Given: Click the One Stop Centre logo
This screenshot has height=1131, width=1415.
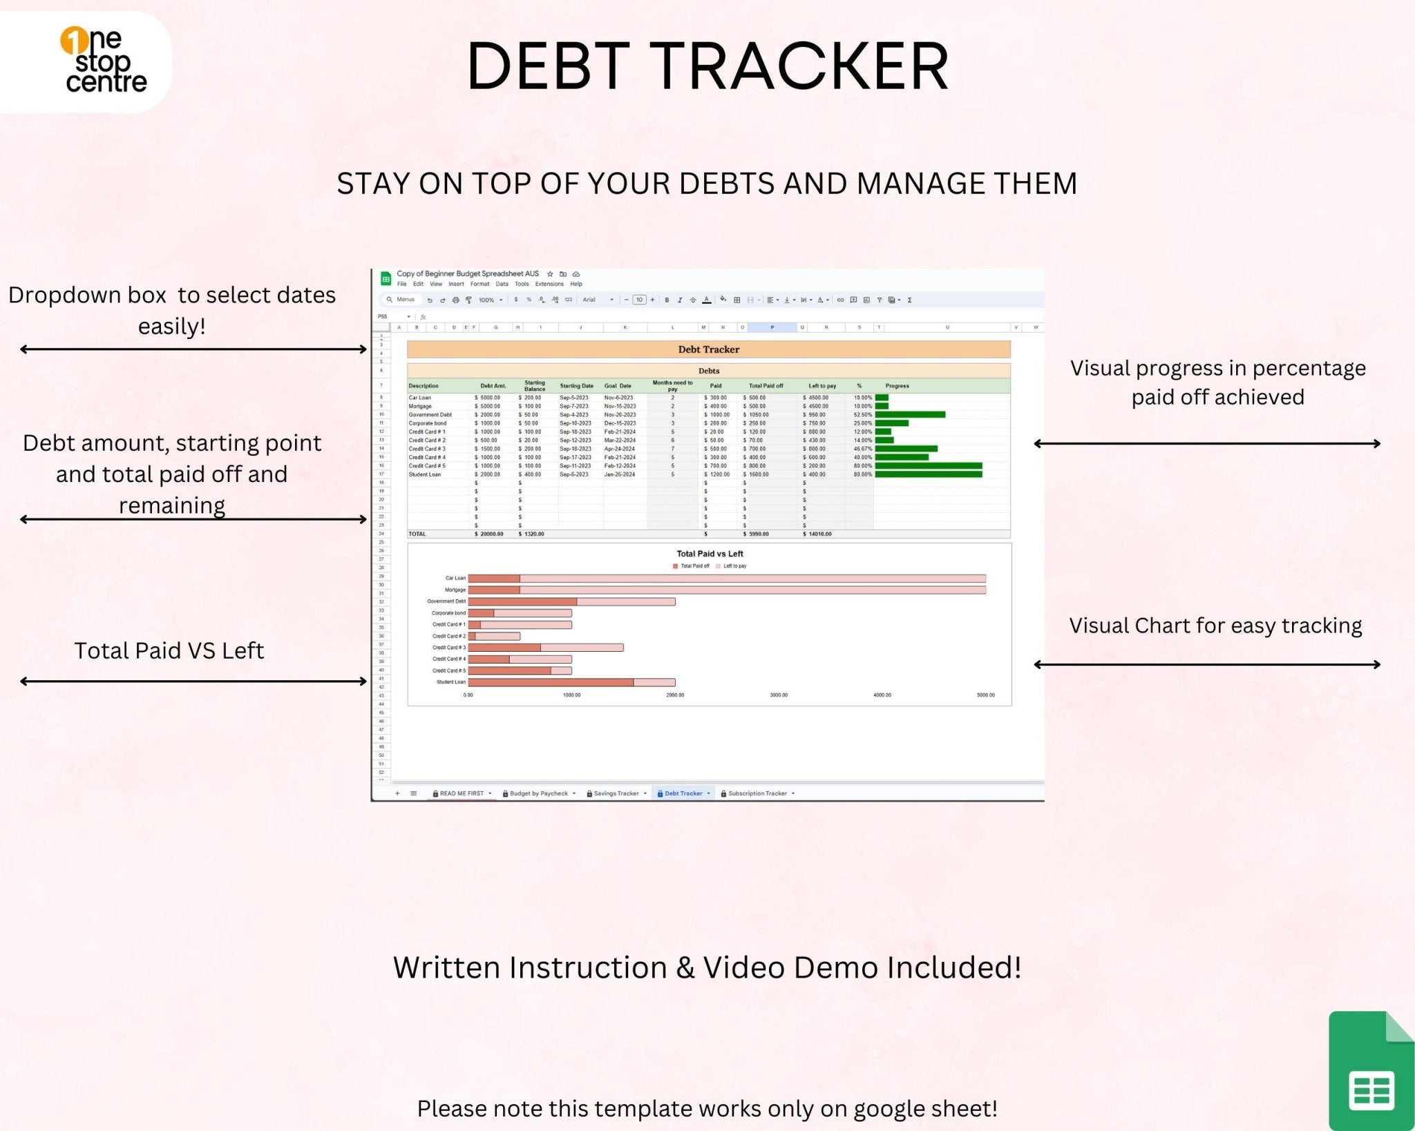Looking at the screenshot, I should [104, 61].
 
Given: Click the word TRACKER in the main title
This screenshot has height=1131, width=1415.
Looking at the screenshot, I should [801, 66].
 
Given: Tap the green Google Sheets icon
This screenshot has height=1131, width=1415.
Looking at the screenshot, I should [1371, 1071].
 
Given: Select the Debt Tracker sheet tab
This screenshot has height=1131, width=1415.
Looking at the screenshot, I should [683, 793].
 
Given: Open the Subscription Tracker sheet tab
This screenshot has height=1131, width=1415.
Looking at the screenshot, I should [757, 793].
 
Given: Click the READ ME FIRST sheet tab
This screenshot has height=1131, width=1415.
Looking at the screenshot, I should [461, 793].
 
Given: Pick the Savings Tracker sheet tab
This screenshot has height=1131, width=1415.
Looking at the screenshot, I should [616, 793].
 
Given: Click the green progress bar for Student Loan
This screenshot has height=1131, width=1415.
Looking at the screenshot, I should [928, 474].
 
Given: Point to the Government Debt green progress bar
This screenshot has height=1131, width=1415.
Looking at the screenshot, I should [910, 415].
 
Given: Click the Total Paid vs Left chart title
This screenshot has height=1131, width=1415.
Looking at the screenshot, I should [710, 554].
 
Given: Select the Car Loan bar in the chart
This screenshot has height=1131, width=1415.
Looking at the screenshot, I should [725, 579].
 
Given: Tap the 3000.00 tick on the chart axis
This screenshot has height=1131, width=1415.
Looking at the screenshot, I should [779, 695].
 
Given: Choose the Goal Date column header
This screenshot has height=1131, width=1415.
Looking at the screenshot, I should [618, 386].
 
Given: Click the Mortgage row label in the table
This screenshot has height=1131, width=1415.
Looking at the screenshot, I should [420, 406].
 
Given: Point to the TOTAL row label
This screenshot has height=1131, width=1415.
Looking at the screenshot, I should [417, 534].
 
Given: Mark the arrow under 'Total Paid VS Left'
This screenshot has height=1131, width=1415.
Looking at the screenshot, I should [193, 681].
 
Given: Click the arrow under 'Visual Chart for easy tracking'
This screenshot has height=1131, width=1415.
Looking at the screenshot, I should [1206, 665].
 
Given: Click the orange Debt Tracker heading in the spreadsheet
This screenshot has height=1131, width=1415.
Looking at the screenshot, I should [708, 349].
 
